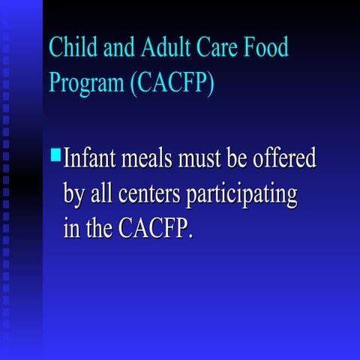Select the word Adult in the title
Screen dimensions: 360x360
(x=157, y=47)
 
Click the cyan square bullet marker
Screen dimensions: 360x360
(x=55, y=156)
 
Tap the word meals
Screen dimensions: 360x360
(x=155, y=158)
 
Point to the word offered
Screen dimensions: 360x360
(x=284, y=158)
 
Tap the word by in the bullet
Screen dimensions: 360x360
(x=75, y=195)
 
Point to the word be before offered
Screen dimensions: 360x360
(x=244, y=158)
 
